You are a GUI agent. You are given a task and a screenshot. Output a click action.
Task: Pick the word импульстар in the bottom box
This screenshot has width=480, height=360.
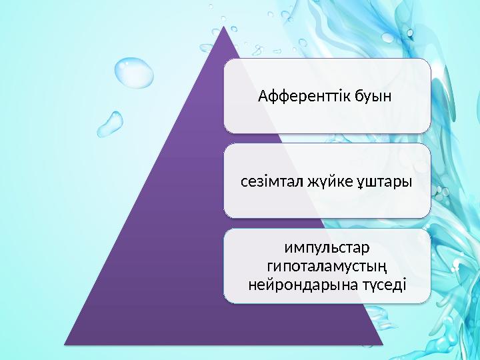coord(327,249)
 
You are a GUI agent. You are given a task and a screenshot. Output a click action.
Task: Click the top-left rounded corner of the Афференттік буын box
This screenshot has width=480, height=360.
coord(227,62)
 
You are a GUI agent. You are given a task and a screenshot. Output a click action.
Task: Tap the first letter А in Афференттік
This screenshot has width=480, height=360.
coord(262,97)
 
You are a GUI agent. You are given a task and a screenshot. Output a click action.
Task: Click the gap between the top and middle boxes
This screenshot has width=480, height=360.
coord(327,138)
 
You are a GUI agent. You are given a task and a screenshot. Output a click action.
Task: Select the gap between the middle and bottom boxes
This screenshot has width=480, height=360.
coord(327,223)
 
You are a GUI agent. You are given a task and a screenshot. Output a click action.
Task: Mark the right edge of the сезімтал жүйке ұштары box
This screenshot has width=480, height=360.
coord(430,181)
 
